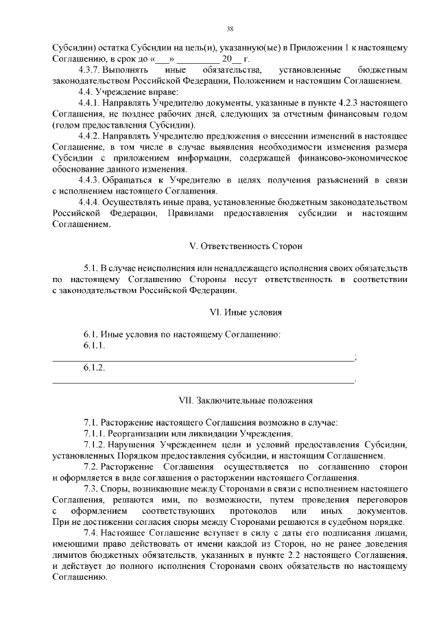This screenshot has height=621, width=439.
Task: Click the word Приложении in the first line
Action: [317, 48]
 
